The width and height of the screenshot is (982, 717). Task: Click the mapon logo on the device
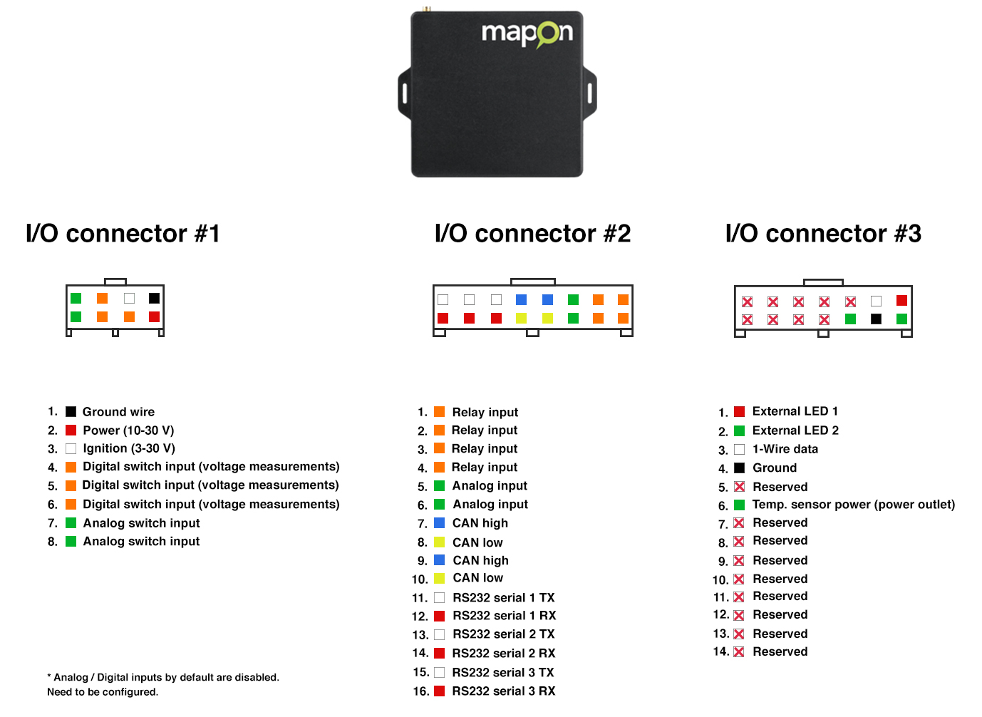tap(527, 34)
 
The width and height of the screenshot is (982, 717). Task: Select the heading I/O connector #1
tap(123, 233)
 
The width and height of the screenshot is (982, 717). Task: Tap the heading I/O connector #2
tap(532, 233)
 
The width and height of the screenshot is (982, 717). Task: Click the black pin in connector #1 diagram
tap(155, 298)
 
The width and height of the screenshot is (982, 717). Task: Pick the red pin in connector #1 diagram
tap(155, 316)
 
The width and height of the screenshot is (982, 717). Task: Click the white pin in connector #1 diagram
tap(129, 298)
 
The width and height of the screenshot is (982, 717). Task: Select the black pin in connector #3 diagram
tap(876, 319)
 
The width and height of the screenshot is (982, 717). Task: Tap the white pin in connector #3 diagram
tap(876, 301)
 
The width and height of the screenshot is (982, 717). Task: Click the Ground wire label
tap(118, 412)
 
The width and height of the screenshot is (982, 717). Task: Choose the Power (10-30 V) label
tap(128, 430)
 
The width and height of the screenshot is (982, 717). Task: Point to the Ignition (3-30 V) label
tap(129, 448)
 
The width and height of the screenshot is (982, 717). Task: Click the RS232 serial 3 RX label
tap(504, 691)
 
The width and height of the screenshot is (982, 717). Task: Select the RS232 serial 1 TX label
tap(504, 598)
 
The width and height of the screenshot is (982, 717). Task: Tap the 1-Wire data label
tap(785, 449)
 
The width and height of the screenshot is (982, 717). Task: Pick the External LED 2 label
tap(795, 430)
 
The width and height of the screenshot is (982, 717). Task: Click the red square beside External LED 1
tap(739, 411)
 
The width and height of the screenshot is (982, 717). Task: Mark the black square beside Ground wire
tap(71, 411)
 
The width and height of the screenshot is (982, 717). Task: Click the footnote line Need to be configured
tap(103, 692)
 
